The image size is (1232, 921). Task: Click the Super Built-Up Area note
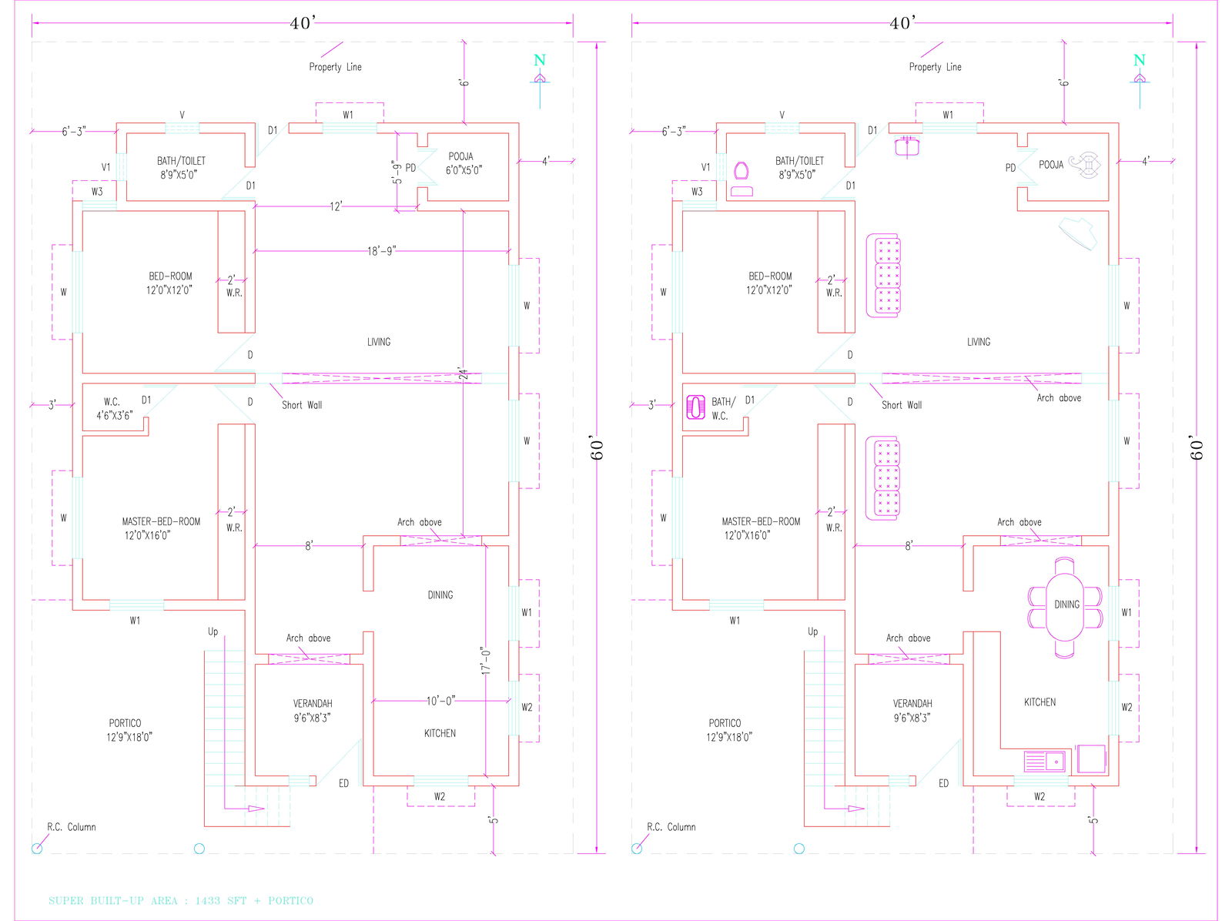pyautogui.click(x=181, y=900)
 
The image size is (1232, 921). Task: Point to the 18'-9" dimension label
pyautogui.click(x=381, y=251)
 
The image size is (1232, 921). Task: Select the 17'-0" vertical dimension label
pyautogui.click(x=486, y=661)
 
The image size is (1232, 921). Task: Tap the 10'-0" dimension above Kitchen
pyautogui.click(x=441, y=701)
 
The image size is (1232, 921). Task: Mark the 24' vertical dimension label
pyautogui.click(x=463, y=373)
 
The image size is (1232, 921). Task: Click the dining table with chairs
pyautogui.click(x=1066, y=607)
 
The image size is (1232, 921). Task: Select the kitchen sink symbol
pyautogui.click(x=1044, y=762)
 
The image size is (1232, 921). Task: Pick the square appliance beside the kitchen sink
pyautogui.click(x=1091, y=759)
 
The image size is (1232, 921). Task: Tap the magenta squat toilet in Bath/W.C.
pyautogui.click(x=696, y=407)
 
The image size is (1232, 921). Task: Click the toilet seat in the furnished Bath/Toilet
pyautogui.click(x=742, y=171)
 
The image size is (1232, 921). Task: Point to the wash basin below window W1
pyautogui.click(x=909, y=146)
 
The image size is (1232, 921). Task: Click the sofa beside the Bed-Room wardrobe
pyautogui.click(x=884, y=276)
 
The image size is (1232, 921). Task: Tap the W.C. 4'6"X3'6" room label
pyautogui.click(x=114, y=409)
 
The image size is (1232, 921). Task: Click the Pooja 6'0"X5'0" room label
pyautogui.click(x=463, y=163)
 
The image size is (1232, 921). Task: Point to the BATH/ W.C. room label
pyautogui.click(x=721, y=408)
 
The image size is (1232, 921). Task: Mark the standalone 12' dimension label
pyautogui.click(x=336, y=206)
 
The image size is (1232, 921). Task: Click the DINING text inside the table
pyautogui.click(x=1066, y=605)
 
